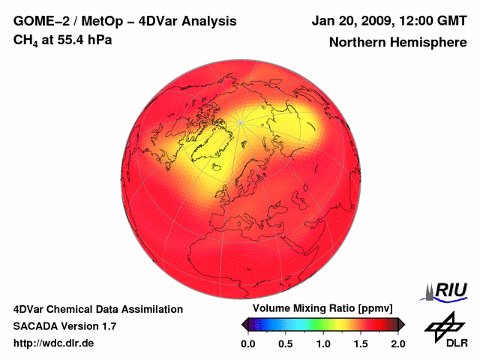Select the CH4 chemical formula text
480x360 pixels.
point(27,39)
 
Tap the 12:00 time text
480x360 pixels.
point(418,20)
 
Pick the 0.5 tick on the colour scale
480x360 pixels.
point(286,343)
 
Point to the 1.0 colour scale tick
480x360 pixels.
point(323,343)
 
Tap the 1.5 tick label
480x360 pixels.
point(361,343)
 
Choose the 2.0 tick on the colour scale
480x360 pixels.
point(398,343)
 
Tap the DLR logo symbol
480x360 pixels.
point(442,325)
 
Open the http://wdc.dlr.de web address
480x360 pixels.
point(54,343)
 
